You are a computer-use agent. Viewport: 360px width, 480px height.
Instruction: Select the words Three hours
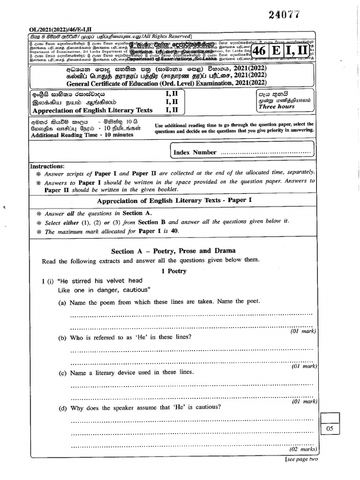click(x=277, y=106)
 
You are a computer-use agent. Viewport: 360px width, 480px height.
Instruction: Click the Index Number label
click(x=195, y=152)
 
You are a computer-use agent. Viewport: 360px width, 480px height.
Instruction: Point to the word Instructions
click(x=47, y=166)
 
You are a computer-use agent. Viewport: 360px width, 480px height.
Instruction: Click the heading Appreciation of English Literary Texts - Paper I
click(x=174, y=201)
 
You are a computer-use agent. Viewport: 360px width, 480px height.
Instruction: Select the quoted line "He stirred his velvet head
click(x=92, y=281)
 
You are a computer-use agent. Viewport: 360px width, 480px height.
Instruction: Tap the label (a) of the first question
click(x=62, y=302)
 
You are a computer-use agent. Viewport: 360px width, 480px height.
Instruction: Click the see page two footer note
click(x=301, y=459)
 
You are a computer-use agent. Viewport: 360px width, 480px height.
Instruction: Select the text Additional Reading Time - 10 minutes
click(x=82, y=135)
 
